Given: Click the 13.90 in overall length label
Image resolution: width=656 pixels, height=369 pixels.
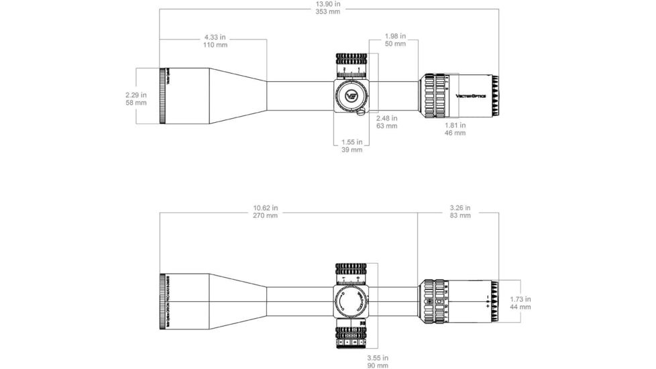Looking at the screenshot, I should tap(327, 3).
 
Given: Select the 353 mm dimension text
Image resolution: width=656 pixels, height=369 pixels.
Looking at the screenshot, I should tap(327, 11).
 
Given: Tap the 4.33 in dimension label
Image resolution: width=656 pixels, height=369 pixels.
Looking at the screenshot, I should tap(215, 36).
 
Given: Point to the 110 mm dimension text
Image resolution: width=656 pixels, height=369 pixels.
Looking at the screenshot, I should tap(215, 45).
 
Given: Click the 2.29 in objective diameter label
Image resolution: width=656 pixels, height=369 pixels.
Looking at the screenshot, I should tap(135, 95).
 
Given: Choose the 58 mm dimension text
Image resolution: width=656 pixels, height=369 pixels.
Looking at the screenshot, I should tap(135, 103).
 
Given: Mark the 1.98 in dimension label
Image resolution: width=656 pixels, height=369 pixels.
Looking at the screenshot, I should tap(395, 36).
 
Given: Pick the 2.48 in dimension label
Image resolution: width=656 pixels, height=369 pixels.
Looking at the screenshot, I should tap(386, 118).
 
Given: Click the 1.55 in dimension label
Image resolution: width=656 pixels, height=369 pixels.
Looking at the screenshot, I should tap(351, 142).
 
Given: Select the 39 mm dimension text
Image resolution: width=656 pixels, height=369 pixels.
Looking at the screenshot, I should tap(351, 150).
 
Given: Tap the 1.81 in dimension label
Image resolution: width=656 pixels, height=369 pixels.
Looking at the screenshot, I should tap(455, 125).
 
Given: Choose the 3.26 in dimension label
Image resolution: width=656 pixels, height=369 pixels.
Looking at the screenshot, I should tap(459, 208).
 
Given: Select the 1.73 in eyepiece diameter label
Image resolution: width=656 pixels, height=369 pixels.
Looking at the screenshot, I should tap(521, 299).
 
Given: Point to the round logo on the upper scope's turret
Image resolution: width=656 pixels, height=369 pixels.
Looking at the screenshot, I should tap(351, 95).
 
